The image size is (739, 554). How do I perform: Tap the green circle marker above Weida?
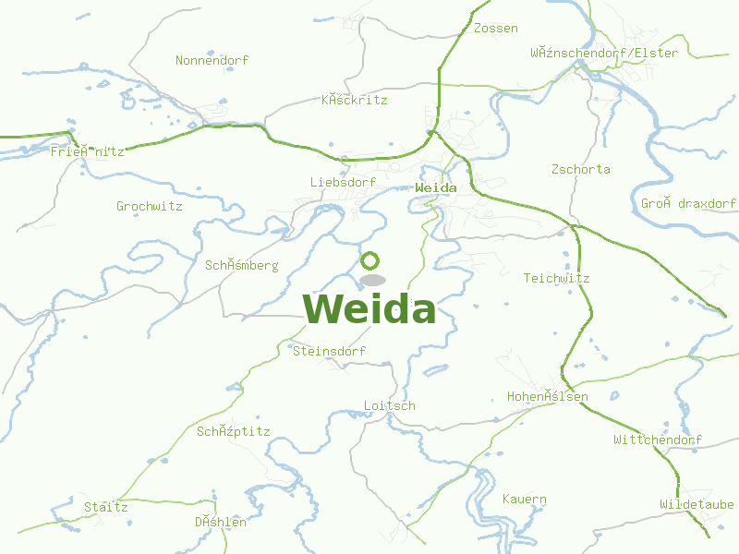[x=370, y=260]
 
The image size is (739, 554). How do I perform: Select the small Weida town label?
[x=436, y=187]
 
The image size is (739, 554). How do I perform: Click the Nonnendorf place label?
[x=212, y=61]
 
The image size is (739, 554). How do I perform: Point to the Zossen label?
[x=495, y=29]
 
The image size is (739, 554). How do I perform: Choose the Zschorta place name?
[x=580, y=170]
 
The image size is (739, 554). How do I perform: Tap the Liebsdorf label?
[x=343, y=183]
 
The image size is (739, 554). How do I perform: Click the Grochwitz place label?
[x=149, y=206]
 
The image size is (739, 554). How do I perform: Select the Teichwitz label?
[x=556, y=278]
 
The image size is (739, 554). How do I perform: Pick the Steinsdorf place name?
[x=329, y=352]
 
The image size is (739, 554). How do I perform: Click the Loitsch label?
[x=390, y=406]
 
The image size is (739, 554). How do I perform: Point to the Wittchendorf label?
[x=658, y=440]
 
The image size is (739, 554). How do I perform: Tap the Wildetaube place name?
[x=697, y=505]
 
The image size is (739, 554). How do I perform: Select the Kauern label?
[x=525, y=500]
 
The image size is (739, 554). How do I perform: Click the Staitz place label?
[x=106, y=508]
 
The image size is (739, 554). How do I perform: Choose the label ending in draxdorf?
[x=688, y=203]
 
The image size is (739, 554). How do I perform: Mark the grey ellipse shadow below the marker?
[x=372, y=280]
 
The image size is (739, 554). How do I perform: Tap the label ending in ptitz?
[x=233, y=431]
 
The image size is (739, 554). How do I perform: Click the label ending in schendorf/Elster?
[x=604, y=53]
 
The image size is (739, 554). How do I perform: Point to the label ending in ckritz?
[x=354, y=100]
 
